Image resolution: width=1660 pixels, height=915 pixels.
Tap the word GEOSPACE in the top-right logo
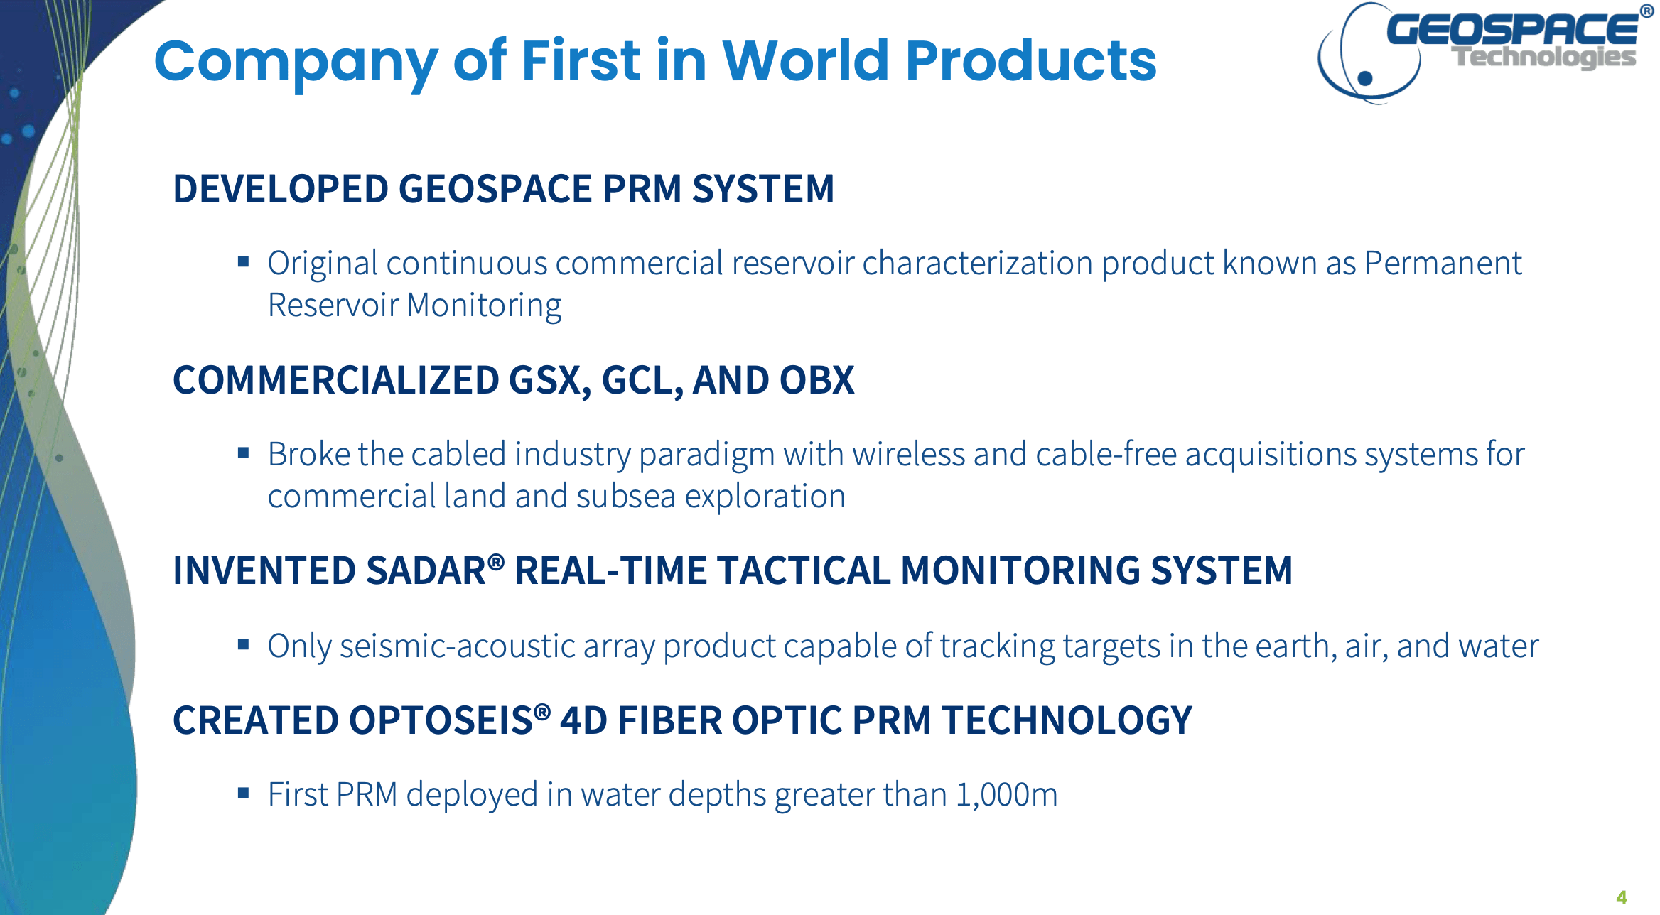[x=1512, y=29]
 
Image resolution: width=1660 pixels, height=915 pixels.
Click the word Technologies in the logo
[x=1543, y=57]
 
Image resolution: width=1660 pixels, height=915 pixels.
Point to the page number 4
[x=1622, y=897]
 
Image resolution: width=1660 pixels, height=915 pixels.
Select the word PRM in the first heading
[x=642, y=189]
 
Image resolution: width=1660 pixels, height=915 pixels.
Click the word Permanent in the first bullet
[x=1443, y=264]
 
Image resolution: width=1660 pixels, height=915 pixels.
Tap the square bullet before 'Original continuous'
[x=244, y=261]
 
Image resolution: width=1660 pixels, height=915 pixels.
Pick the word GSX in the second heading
[x=550, y=380]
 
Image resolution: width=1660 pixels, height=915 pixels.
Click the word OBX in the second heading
[x=816, y=380]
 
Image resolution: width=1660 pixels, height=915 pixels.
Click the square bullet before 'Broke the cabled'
[x=244, y=453]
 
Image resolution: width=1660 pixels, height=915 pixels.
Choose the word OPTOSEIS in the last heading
[x=441, y=720]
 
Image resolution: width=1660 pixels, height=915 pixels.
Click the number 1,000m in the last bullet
[x=1006, y=795]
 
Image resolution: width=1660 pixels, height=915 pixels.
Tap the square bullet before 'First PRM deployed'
[x=244, y=793]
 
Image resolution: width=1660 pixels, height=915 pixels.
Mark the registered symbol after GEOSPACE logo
[x=1646, y=11]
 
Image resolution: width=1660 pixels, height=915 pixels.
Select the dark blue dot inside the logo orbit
[x=1364, y=78]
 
